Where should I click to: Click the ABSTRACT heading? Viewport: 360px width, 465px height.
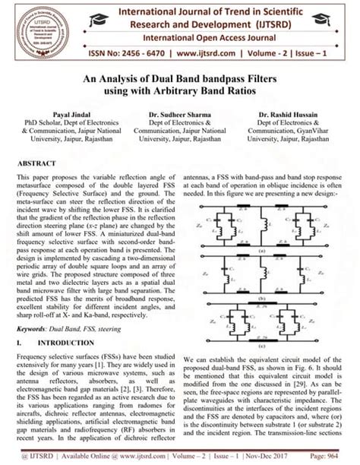click(36, 163)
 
